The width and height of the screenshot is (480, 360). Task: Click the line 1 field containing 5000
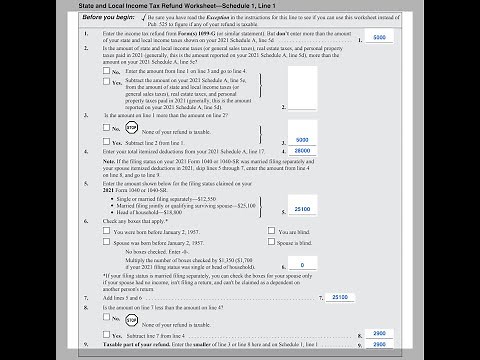pos(379,37)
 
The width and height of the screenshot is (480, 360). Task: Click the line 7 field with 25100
pos(341,297)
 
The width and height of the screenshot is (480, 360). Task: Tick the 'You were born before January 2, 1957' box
pos(105,231)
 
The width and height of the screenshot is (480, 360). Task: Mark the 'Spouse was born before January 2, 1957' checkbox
pos(105,242)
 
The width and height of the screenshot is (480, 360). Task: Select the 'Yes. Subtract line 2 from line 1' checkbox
pos(105,141)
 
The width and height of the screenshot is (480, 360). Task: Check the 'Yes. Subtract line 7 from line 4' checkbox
pos(105,330)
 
